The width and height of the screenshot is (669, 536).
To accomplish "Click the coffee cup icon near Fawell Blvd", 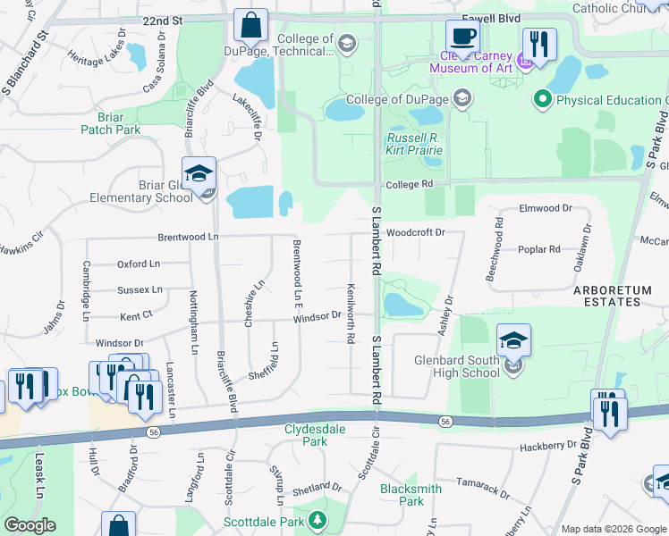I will point(462,37).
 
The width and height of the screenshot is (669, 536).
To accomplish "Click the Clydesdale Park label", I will point(315,435).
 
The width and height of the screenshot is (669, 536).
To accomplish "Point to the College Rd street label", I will point(410,185).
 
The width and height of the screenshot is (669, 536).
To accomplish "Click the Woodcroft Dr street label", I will point(416,232).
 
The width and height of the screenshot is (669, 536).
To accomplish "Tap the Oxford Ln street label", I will point(139,264).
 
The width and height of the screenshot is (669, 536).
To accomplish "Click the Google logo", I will point(30,526).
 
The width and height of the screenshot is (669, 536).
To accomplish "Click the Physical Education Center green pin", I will point(542,99).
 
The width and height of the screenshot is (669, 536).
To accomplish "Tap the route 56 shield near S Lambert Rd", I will point(445,421).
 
